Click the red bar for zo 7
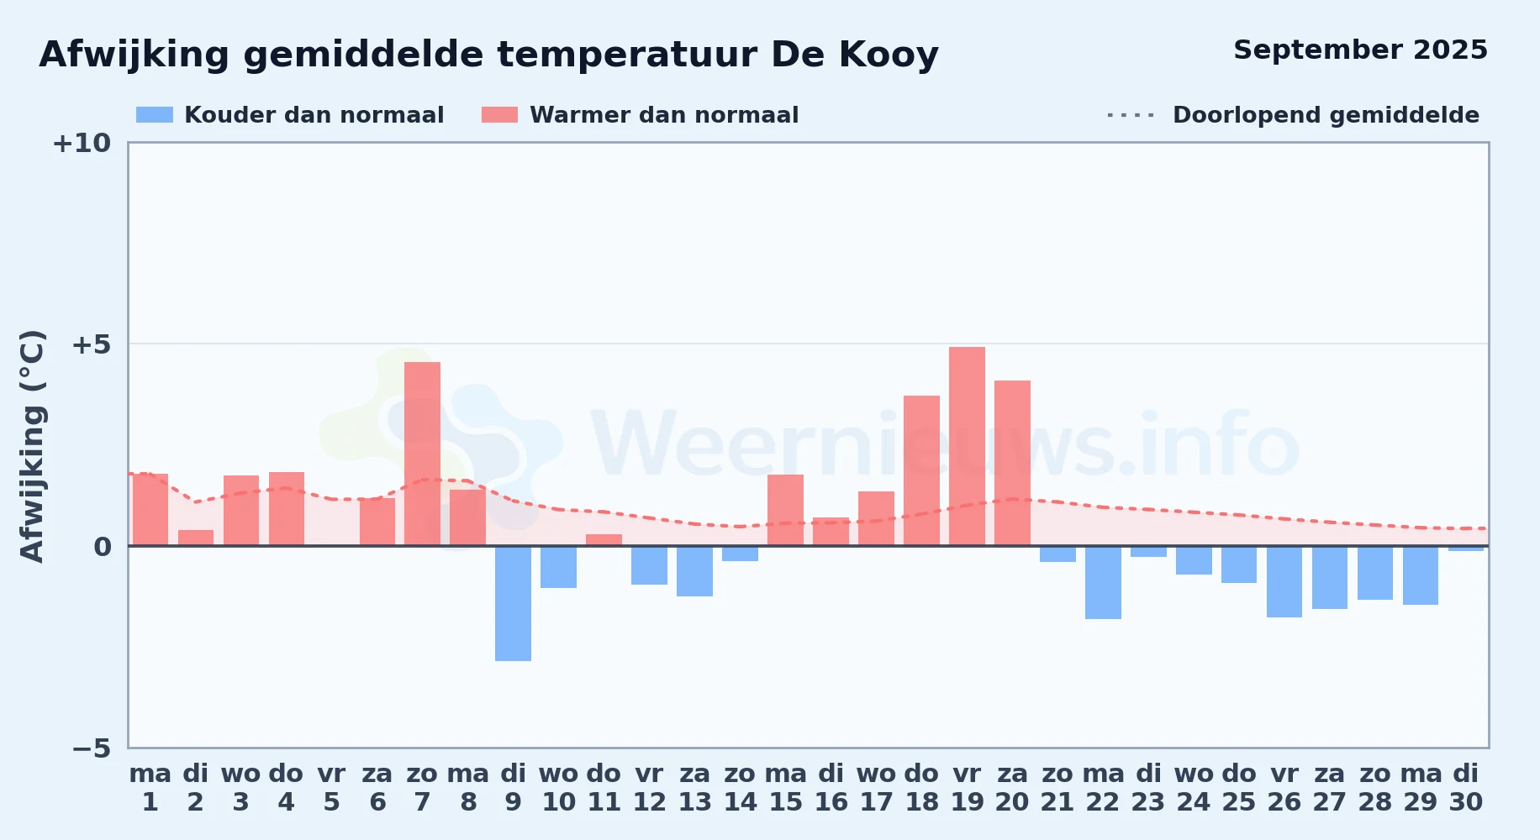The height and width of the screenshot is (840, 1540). pos(422,454)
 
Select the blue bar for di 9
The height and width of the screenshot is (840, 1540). pos(513,603)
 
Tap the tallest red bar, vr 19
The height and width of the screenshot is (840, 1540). pos(967,446)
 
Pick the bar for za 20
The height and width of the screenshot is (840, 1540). pos(1012,463)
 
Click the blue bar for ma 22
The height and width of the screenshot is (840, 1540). pos(1103,582)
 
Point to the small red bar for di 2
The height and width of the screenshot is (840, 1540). pos(196,538)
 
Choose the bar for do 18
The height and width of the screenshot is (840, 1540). pos(921,470)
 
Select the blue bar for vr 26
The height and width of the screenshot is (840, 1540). pos(1284,581)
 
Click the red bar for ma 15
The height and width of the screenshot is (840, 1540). pos(785,510)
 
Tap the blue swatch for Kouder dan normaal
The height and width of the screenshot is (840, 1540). pos(155,115)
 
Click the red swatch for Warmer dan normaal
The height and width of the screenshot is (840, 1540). pos(499,115)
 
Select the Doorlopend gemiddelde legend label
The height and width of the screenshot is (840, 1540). pos(1326,115)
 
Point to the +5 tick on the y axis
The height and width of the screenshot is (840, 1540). pos(92,344)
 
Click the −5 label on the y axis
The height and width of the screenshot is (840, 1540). pos(92,748)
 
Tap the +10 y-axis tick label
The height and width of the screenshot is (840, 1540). pos(82,143)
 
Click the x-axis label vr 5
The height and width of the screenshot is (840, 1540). pos(332,788)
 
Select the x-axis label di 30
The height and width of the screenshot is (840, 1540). pos(1466,788)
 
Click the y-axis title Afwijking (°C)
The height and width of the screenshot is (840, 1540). pos(32,446)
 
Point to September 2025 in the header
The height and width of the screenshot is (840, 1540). pos(1360,50)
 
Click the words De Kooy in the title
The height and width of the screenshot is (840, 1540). pos(854,55)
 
